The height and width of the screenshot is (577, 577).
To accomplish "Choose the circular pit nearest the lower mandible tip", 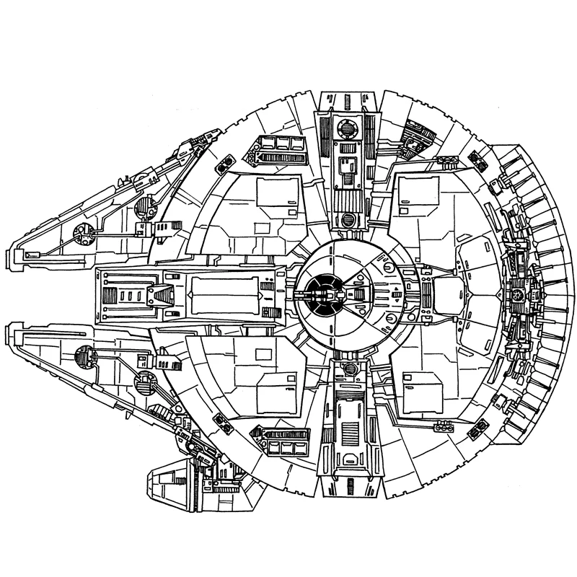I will [84, 354].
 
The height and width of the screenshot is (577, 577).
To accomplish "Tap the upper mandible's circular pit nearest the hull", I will [144, 208].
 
